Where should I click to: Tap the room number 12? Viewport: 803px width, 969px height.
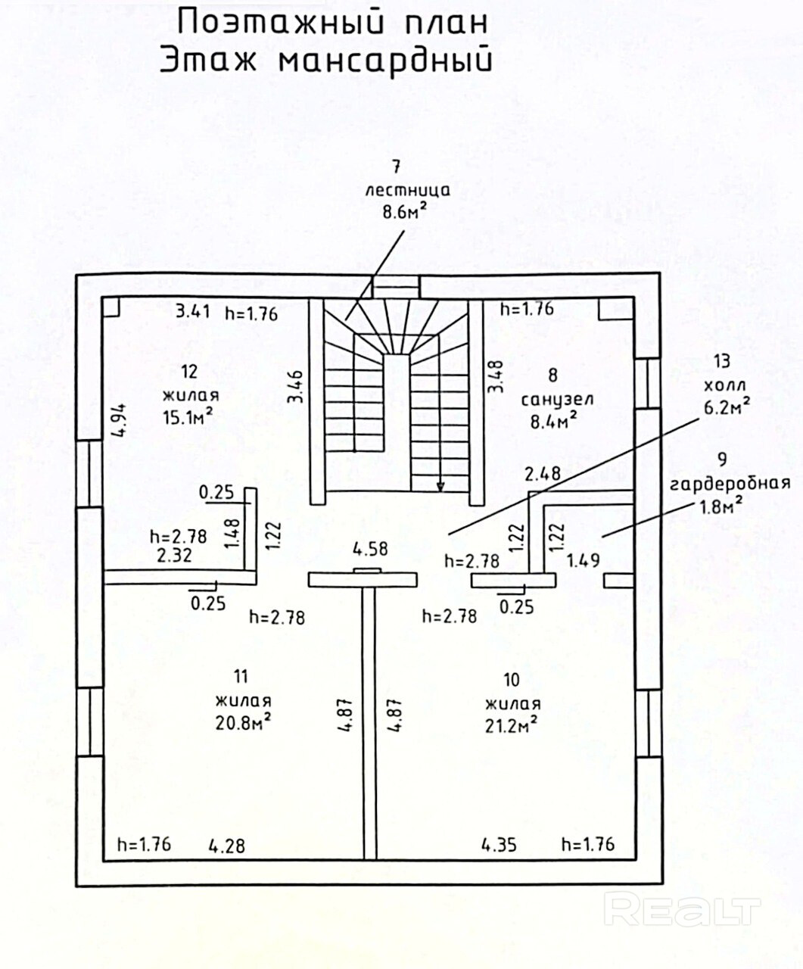(x=189, y=371)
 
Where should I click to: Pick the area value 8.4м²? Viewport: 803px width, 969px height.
(x=552, y=421)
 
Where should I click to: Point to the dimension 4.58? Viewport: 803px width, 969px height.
(x=371, y=548)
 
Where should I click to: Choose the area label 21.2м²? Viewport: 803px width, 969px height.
(x=511, y=724)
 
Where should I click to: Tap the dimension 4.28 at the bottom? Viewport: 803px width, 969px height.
(x=227, y=845)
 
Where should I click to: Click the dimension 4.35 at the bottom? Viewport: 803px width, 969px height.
(x=499, y=844)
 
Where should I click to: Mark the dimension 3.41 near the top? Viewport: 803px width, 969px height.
(x=193, y=311)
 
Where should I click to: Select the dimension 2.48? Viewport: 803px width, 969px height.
(x=543, y=475)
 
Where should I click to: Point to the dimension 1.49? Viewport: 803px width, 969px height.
(x=584, y=561)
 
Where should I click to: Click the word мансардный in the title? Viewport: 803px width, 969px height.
(x=384, y=61)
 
